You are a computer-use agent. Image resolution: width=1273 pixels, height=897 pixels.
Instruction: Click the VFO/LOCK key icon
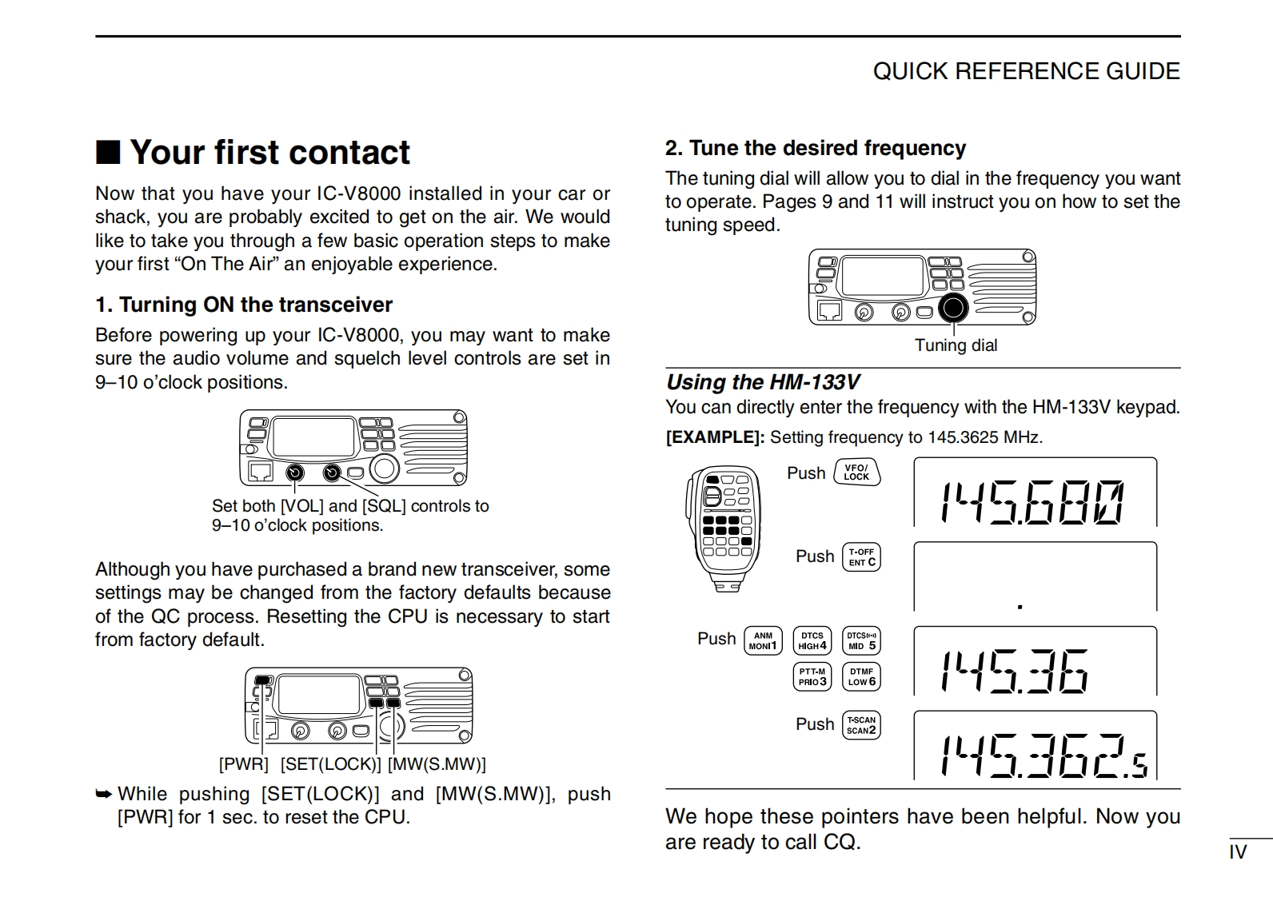click(x=856, y=472)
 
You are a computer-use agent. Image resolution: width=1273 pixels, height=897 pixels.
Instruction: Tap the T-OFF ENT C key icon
click(x=861, y=556)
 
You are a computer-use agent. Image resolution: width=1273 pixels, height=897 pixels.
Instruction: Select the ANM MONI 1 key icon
click(x=763, y=640)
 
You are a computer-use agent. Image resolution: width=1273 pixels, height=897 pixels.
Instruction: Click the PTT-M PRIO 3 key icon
click(x=812, y=676)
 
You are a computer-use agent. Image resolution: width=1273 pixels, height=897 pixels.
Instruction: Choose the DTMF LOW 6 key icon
click(x=861, y=676)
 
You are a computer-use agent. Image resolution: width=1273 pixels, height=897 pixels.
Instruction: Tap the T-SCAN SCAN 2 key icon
click(x=861, y=725)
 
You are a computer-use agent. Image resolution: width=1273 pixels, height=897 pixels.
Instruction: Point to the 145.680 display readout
click(x=1034, y=503)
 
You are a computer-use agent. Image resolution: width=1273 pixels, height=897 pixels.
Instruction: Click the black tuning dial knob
click(x=953, y=309)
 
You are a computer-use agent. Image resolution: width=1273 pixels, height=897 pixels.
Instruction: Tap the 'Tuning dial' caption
click(x=956, y=345)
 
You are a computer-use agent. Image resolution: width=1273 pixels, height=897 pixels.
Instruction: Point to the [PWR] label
click(x=244, y=764)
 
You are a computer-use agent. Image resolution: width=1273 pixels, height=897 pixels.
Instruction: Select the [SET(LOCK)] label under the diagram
click(x=330, y=764)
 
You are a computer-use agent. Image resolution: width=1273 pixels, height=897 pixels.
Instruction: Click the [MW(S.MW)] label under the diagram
click(x=437, y=764)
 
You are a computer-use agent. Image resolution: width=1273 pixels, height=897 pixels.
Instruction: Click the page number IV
click(x=1238, y=852)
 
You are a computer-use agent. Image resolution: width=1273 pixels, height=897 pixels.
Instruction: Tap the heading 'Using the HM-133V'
click(x=762, y=382)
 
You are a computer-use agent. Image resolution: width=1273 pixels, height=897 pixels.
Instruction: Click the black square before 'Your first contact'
click(x=108, y=152)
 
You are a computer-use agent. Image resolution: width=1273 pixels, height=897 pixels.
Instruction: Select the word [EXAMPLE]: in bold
click(x=715, y=437)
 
